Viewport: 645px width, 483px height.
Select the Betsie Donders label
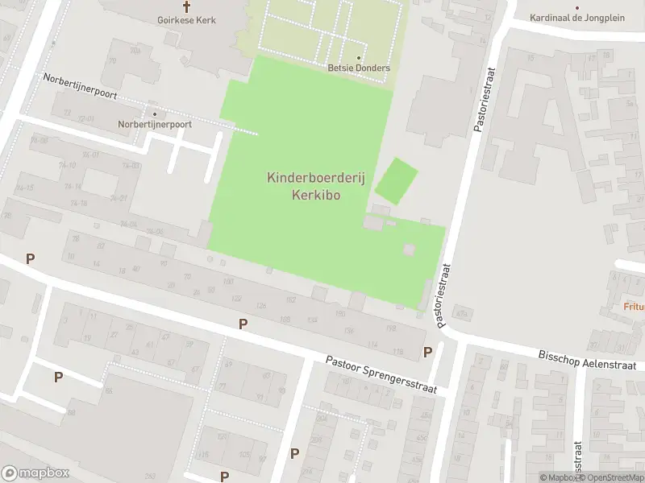pos(359,68)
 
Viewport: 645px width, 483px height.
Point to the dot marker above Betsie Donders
pos(359,58)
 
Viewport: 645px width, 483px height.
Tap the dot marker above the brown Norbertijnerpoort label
pos(155,114)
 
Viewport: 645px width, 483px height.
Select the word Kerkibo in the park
pos(315,195)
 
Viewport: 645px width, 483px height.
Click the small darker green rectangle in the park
pos(397,181)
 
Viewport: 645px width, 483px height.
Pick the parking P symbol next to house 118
pos(427,352)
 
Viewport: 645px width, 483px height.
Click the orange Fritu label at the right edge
pos(634,306)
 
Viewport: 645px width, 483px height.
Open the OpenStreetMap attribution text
pos(612,477)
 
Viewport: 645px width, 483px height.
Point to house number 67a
pos(462,312)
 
